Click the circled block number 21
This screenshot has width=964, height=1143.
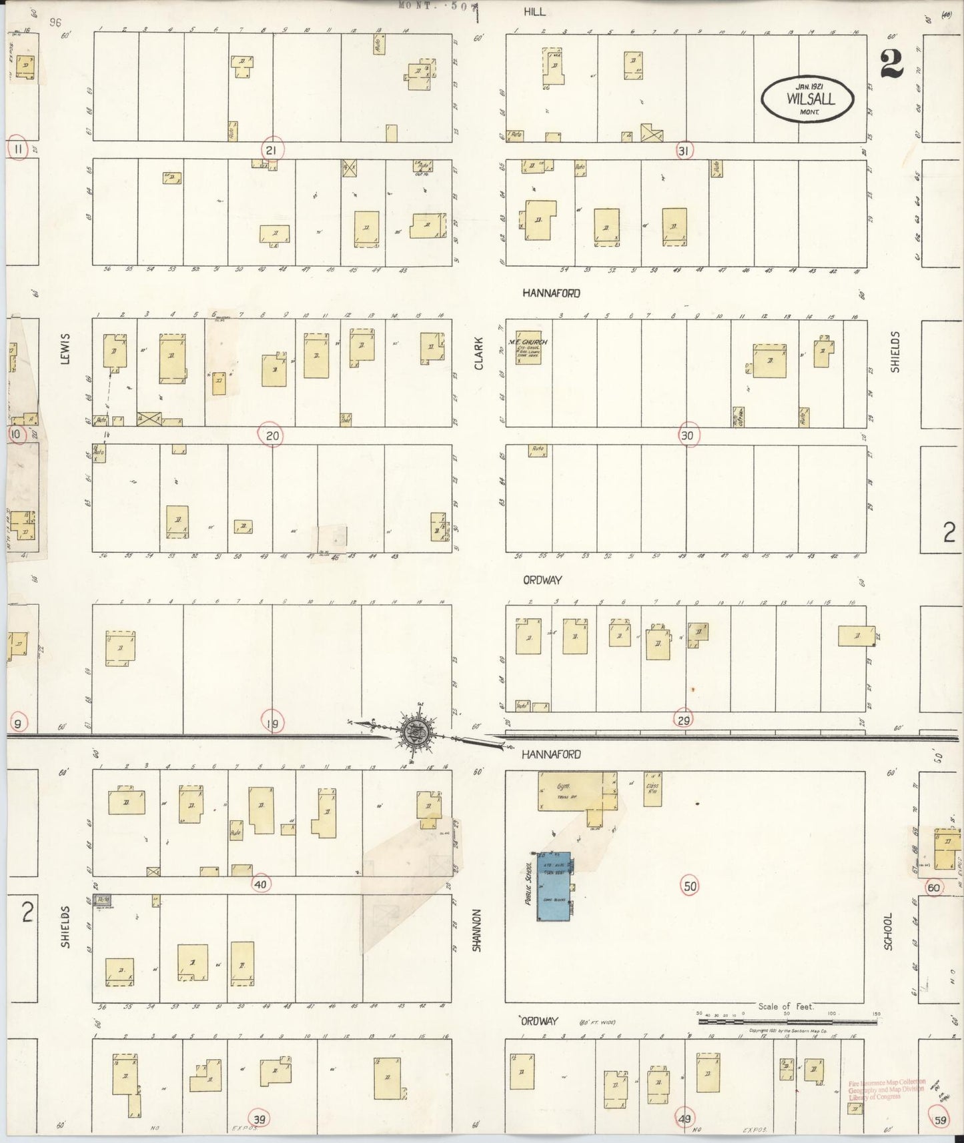[271, 150]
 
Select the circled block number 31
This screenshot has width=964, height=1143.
[682, 151]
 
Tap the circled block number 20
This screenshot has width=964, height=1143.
[272, 435]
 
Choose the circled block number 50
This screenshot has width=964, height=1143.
[690, 886]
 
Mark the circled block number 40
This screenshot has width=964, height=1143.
[260, 884]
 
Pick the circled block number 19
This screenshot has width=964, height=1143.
[273, 722]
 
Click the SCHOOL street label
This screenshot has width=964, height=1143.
[888, 930]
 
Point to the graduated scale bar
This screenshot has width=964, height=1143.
[789, 1040]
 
